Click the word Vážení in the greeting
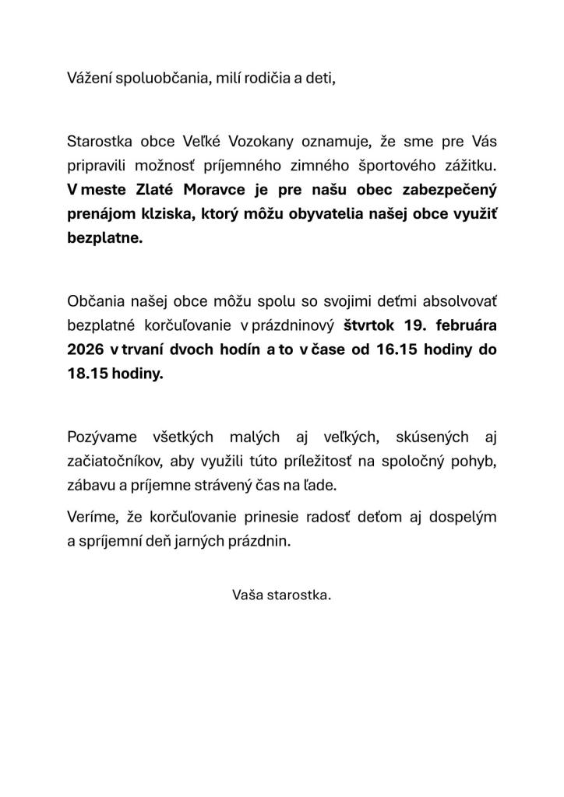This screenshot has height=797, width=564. pos(90,79)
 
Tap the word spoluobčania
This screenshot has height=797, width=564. pos(162,79)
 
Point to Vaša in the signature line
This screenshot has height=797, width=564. pos(247,595)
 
